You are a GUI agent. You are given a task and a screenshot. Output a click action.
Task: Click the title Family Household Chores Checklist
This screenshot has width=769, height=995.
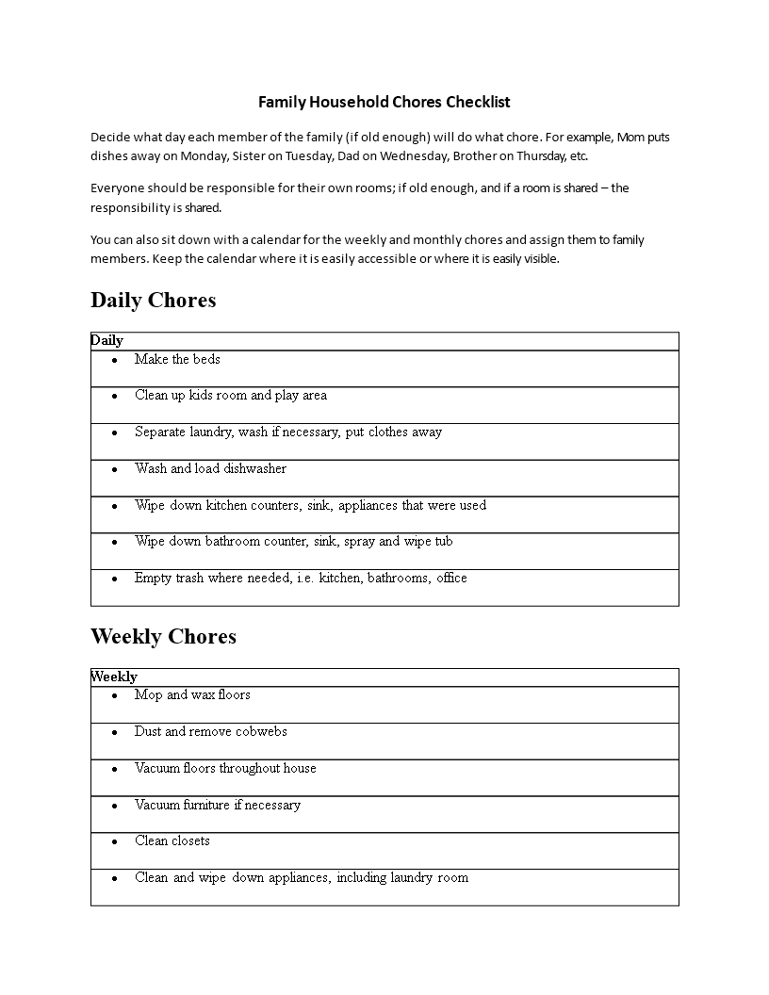(x=384, y=102)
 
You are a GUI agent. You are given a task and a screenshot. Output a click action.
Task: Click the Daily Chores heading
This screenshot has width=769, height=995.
(x=154, y=301)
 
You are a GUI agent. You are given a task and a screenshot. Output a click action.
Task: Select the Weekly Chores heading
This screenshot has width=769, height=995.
(x=163, y=637)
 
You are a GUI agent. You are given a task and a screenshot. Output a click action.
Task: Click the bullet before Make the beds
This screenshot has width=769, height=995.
(x=114, y=360)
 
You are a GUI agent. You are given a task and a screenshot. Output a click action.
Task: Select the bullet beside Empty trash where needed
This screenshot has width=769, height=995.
(x=114, y=579)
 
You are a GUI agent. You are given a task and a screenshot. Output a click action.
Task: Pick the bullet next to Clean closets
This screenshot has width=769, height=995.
(x=114, y=841)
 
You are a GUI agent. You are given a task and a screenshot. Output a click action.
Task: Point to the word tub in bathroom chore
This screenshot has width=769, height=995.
(x=443, y=542)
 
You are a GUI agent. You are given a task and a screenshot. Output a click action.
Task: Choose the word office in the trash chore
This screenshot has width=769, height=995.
(x=451, y=579)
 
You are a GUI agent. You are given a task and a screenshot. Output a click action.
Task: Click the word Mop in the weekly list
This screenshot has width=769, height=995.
(x=148, y=695)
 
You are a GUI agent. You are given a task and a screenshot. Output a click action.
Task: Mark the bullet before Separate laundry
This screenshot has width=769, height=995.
(x=114, y=432)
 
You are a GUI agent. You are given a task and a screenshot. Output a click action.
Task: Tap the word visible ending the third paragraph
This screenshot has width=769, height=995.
(x=537, y=259)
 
